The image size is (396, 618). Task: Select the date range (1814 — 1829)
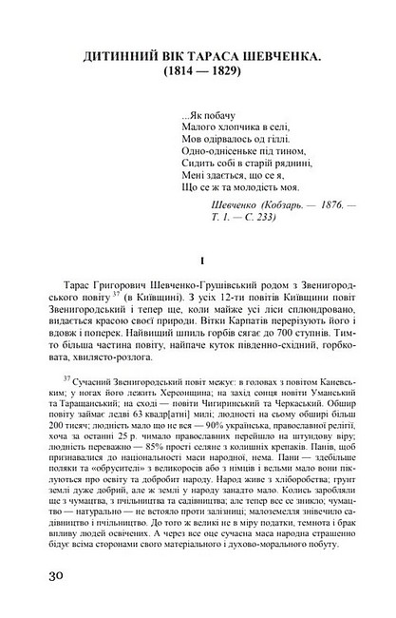pos(198,75)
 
